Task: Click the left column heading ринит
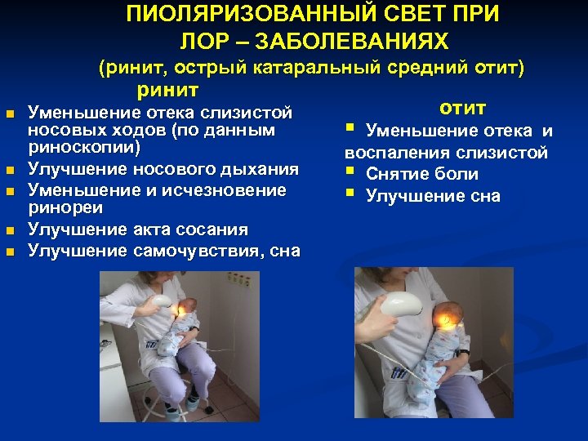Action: pyautogui.click(x=169, y=88)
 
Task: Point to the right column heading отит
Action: pyautogui.click(x=462, y=108)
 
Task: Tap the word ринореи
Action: pyautogui.click(x=61, y=209)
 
